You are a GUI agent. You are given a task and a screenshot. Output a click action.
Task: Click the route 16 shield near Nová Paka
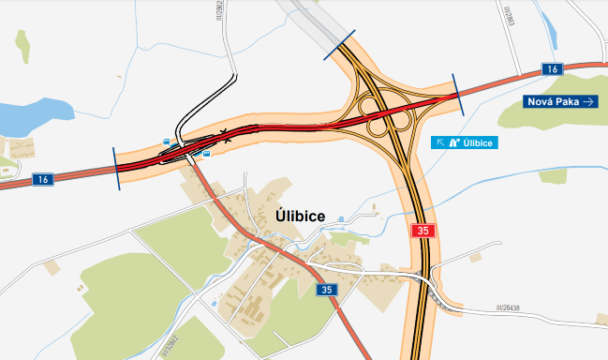click(x=553, y=69)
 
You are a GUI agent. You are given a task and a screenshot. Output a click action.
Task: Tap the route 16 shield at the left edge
click(x=42, y=178)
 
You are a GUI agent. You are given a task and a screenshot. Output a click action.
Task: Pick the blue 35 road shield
click(x=326, y=290)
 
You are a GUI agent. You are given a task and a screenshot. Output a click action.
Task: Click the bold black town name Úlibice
click(x=301, y=216)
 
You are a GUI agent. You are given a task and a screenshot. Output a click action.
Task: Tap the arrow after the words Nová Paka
click(x=588, y=101)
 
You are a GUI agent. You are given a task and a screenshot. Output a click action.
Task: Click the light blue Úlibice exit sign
click(x=463, y=142)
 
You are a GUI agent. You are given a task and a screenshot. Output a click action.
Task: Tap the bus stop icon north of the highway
click(x=166, y=142)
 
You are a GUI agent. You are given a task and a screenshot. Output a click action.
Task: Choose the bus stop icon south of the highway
click(x=206, y=153)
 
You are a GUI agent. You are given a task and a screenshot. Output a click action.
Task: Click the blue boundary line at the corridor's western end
click(x=116, y=169)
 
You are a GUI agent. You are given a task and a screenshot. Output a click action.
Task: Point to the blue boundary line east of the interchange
click(x=456, y=94)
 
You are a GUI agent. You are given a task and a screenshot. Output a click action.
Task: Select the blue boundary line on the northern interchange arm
click(x=339, y=46)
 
